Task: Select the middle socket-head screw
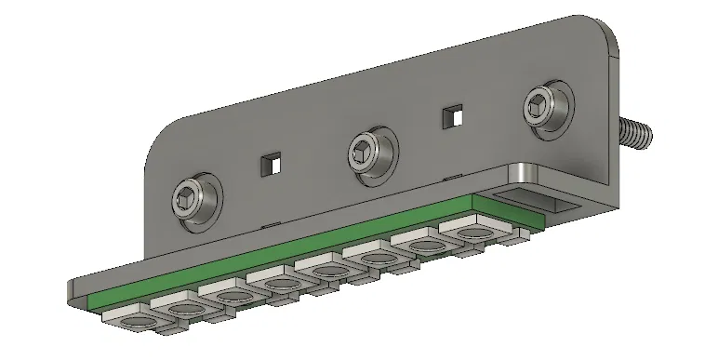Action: pos(367,150)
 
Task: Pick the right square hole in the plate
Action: pos(452,116)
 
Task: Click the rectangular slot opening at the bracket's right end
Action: pos(549,201)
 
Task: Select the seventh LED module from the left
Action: pos(419,247)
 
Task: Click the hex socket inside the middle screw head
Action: pos(366,148)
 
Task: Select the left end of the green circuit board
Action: pos(93,299)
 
